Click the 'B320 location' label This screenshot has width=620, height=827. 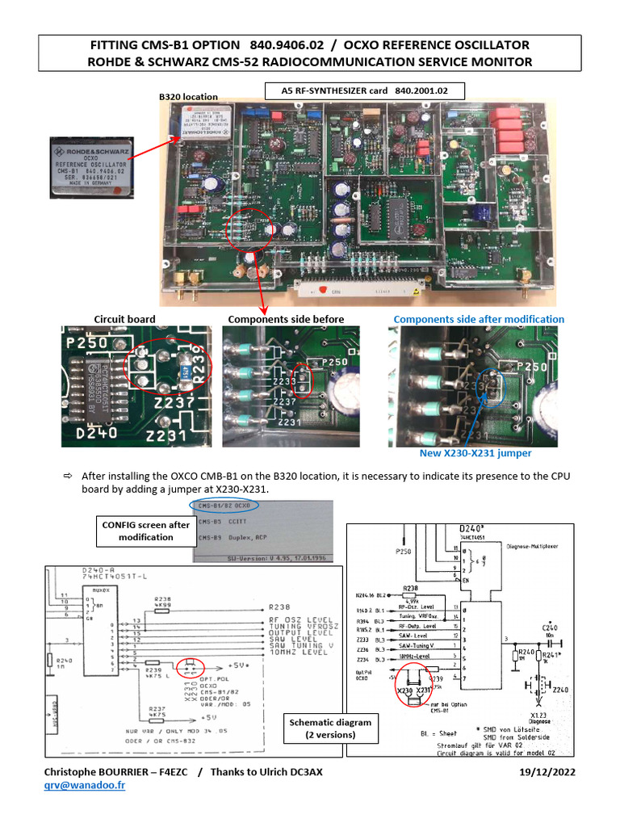coord(188,96)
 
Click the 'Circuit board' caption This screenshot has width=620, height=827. coord(124,319)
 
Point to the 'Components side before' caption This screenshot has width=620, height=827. coord(286,319)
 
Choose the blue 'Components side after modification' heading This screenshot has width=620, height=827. coord(479,319)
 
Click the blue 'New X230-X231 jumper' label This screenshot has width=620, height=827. coord(475,454)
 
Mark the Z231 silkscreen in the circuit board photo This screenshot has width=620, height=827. coord(167,436)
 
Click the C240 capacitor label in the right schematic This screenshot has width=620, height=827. coord(550,627)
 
